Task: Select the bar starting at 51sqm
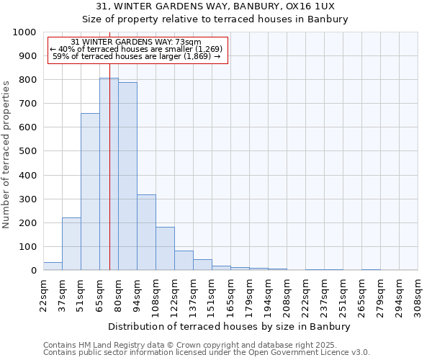tap(90, 192)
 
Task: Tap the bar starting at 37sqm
tap(71, 243)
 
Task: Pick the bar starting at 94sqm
tap(146, 232)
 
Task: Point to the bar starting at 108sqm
tap(165, 248)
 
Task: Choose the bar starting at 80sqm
tap(127, 176)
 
